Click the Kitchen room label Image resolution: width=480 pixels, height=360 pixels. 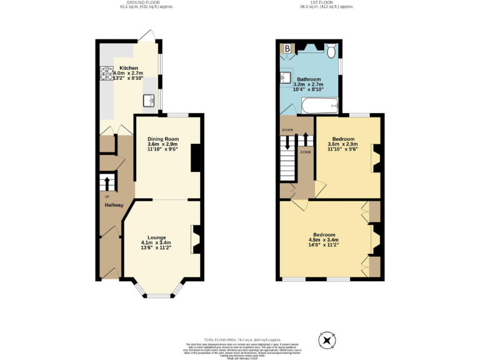[129, 68]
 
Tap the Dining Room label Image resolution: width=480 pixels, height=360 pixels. [163, 139]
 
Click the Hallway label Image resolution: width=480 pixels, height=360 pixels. [113, 205]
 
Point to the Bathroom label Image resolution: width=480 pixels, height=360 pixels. [309, 79]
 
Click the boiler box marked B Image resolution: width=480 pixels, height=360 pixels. [287, 48]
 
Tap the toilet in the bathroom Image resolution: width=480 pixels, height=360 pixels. [331, 49]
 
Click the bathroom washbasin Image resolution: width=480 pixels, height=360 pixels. [287, 77]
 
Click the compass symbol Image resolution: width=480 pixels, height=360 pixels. [327, 341]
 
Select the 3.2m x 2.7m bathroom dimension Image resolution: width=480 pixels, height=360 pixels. [309, 86]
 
